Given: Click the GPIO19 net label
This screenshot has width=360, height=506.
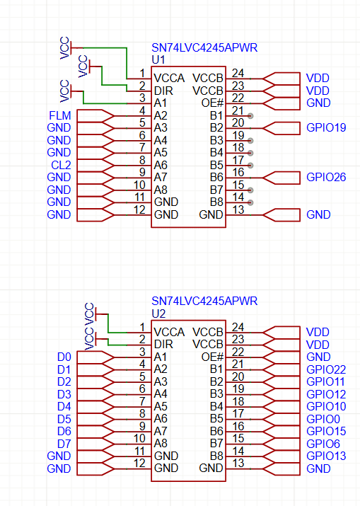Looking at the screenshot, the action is pyautogui.click(x=326, y=128).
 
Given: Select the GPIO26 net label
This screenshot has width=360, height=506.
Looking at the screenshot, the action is pyautogui.click(x=326, y=177).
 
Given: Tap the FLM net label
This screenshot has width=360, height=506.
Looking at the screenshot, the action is pyautogui.click(x=59, y=115).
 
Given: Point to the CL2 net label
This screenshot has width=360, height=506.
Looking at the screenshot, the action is pyautogui.click(x=61, y=165).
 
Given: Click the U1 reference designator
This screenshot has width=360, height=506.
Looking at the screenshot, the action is pyautogui.click(x=158, y=59).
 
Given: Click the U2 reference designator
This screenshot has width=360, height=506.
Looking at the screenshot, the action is pyautogui.click(x=158, y=314).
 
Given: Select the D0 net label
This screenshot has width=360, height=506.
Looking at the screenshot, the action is pyautogui.click(x=64, y=357).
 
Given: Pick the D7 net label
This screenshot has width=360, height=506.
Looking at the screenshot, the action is pyautogui.click(x=64, y=444).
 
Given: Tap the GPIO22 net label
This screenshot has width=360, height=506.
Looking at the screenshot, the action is pyautogui.click(x=326, y=369).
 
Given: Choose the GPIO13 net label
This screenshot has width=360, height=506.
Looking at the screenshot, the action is pyautogui.click(x=326, y=456).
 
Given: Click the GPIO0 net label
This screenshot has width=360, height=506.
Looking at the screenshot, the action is pyautogui.click(x=323, y=419).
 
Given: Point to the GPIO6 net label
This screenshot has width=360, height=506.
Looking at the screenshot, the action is pyautogui.click(x=323, y=444).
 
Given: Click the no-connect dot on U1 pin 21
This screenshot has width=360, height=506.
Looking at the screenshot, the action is pyautogui.click(x=250, y=116).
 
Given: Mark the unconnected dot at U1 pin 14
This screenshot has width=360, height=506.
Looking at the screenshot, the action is pyautogui.click(x=250, y=202).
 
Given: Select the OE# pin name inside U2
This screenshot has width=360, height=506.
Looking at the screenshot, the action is pyautogui.click(x=212, y=357).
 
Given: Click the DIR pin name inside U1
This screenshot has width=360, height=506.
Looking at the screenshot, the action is pyautogui.click(x=163, y=91).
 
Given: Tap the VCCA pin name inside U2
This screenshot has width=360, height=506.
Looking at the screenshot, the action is pyautogui.click(x=169, y=332).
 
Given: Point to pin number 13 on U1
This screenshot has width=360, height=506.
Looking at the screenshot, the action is pyautogui.click(x=238, y=209).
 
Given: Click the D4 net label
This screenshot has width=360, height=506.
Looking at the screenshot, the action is pyautogui.click(x=64, y=407).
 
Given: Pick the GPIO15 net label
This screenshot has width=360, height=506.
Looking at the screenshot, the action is pyautogui.click(x=326, y=432).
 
